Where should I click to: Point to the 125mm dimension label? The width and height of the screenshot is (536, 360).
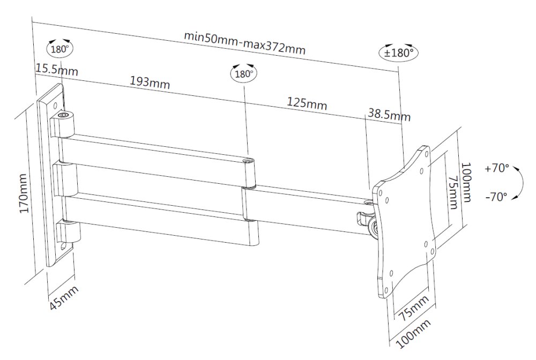(x=307, y=102)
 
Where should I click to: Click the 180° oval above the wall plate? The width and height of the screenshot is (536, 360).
(x=59, y=48)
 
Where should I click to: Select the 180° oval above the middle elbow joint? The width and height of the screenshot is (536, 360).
(x=243, y=74)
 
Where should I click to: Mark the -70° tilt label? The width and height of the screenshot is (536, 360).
(x=496, y=197)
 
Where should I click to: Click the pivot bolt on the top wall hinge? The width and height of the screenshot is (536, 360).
(x=64, y=115)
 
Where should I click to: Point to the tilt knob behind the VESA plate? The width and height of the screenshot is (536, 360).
(x=371, y=229)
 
